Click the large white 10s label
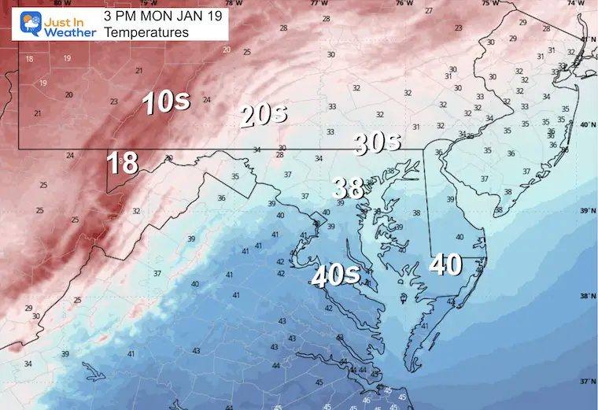(x=165, y=103)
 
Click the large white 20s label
(x=264, y=116)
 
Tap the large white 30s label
(x=378, y=143)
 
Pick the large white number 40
(x=445, y=265)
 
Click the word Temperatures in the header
(x=146, y=32)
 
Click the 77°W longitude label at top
(x=316, y=3)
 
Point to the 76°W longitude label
(x=404, y=3)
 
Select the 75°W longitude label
(x=489, y=3)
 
